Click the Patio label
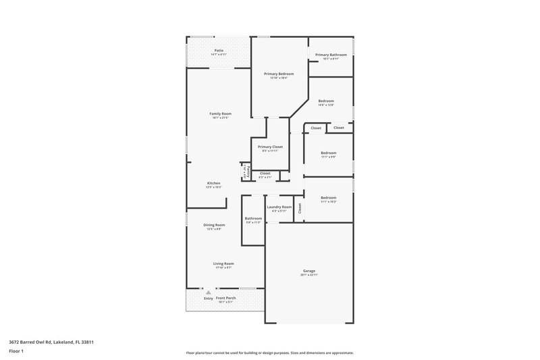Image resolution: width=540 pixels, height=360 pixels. [219, 50]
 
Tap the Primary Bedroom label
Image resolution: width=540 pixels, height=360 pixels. [279, 74]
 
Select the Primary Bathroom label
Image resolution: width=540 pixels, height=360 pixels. [331, 54]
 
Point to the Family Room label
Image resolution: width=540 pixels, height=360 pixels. [221, 113]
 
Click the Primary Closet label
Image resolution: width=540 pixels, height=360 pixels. [270, 147]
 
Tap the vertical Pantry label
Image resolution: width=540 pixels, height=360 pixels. [248, 172]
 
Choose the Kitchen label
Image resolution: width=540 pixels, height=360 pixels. [214, 183]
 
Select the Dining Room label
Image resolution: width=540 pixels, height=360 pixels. [215, 225]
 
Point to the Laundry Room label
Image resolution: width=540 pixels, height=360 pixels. [279, 207]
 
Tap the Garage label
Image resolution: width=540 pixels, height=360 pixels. [308, 271]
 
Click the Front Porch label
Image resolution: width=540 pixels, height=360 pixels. [225, 298]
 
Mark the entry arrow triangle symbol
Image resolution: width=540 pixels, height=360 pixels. [208, 292]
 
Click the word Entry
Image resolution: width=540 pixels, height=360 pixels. [208, 298]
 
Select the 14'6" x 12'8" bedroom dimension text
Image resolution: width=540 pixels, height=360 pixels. [326, 105]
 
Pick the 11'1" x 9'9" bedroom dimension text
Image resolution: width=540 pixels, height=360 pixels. [328, 157]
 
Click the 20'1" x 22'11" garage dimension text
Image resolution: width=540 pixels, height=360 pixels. [308, 276]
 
